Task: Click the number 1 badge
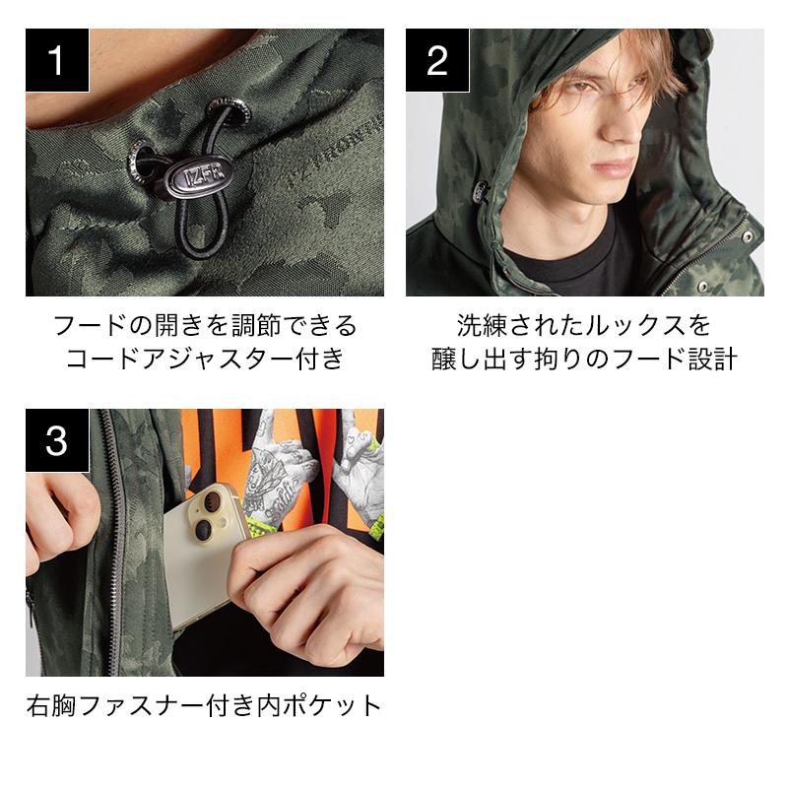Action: click(x=57, y=60)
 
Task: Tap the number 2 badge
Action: click(x=437, y=60)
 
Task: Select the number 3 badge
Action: click(x=57, y=440)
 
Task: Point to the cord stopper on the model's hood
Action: click(x=481, y=191)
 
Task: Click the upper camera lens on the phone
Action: click(x=213, y=500)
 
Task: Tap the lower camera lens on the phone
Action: click(x=204, y=529)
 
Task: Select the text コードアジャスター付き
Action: click(x=205, y=359)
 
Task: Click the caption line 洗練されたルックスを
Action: click(x=584, y=326)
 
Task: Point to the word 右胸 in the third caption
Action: click(x=51, y=705)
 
